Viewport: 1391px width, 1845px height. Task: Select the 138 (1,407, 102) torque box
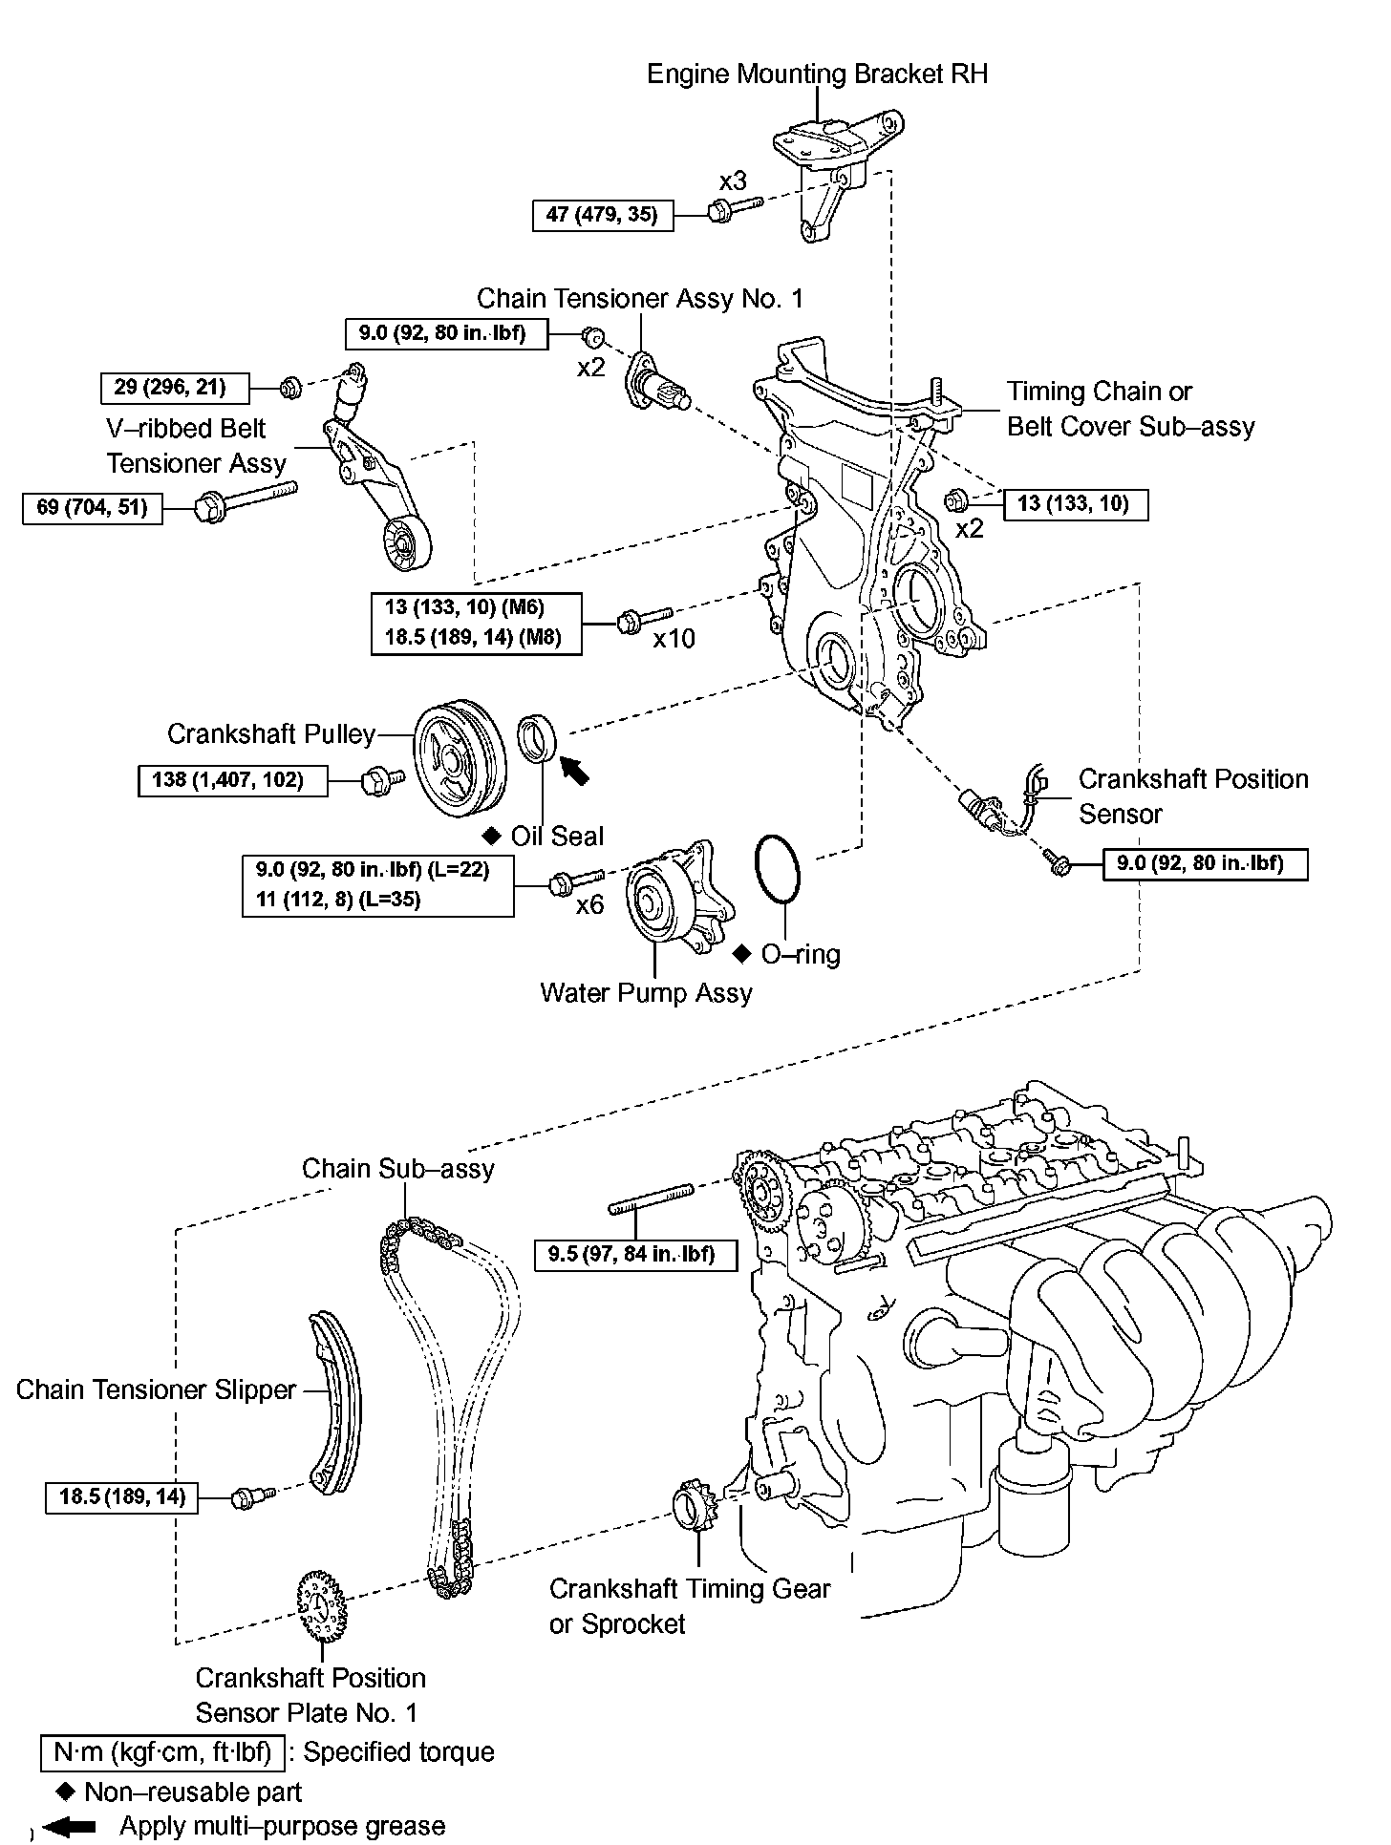coord(232,780)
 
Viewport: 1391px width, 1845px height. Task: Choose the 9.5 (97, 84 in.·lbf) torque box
coord(635,1254)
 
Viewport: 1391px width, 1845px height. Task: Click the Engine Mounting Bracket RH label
coord(817,74)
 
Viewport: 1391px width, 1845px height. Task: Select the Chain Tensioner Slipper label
coord(156,1389)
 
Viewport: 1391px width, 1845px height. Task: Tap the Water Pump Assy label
coord(646,992)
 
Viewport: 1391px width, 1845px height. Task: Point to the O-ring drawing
coord(779,869)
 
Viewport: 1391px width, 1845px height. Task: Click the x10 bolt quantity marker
coord(674,638)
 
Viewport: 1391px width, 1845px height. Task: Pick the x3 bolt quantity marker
coord(733,180)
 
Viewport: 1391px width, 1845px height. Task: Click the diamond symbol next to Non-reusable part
coord(67,1792)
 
